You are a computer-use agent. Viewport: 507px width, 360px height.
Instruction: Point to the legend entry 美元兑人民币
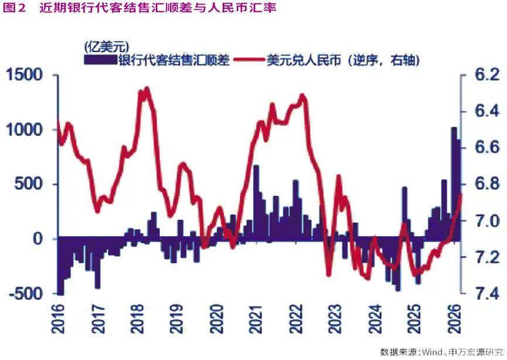click(340, 59)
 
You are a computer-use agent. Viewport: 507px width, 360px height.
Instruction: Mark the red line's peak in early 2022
click(302, 96)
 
